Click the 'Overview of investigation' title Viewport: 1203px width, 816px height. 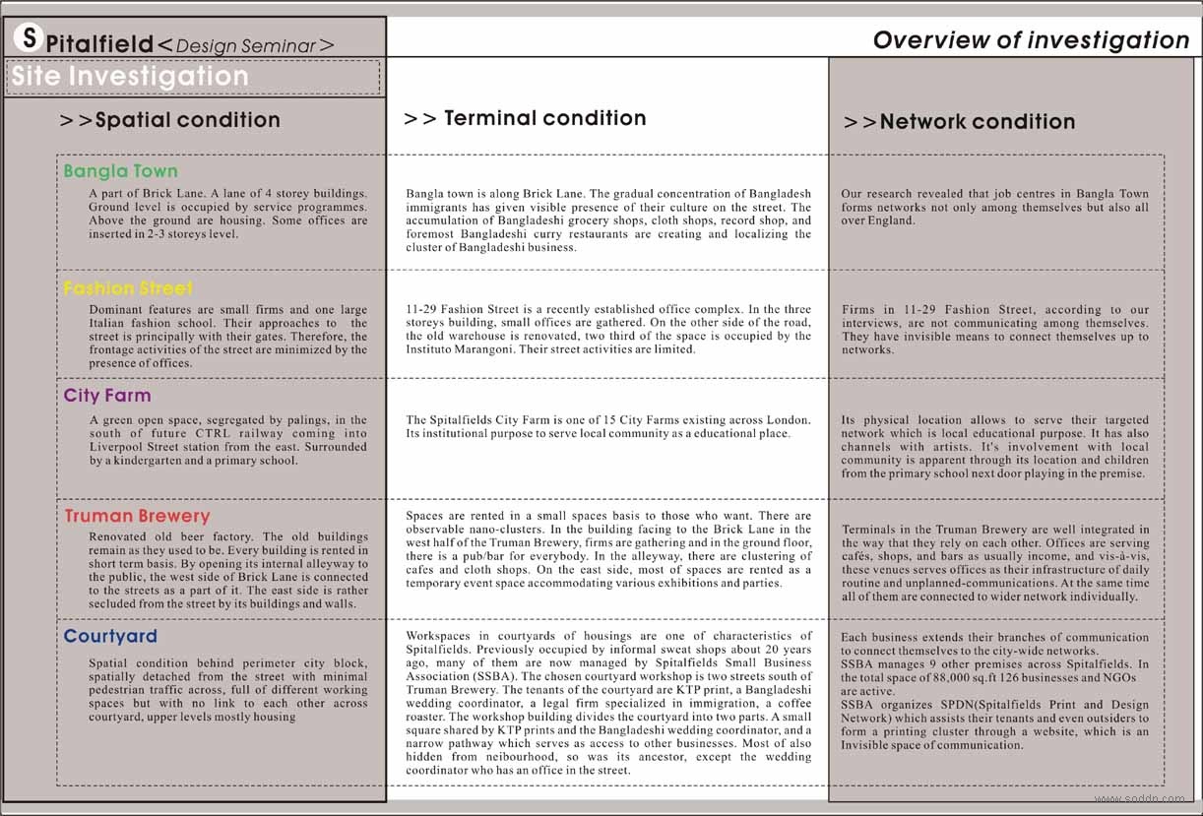(x=1031, y=40)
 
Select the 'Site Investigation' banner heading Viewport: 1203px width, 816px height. (x=130, y=77)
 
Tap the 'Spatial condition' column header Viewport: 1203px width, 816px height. (x=170, y=120)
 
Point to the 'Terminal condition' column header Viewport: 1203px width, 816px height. (x=526, y=118)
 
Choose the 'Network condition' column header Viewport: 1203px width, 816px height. (x=960, y=122)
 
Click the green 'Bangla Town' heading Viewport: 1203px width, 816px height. (x=120, y=171)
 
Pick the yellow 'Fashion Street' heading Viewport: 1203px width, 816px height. (x=128, y=288)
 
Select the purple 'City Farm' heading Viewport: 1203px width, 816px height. (x=107, y=396)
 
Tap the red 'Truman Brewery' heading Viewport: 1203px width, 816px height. (x=138, y=516)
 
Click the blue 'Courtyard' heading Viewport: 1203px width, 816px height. (x=110, y=636)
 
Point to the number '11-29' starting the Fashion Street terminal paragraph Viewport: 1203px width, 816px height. (x=421, y=309)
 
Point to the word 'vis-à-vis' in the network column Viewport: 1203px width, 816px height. (x=1124, y=556)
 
